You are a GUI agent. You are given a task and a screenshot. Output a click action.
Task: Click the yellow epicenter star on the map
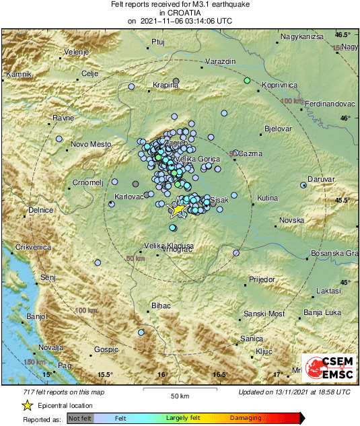pyautogui.click(x=177, y=209)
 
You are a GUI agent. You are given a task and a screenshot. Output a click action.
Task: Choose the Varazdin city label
pyautogui.click(x=220, y=61)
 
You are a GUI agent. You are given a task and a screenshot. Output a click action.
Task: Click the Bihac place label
pyautogui.click(x=161, y=306)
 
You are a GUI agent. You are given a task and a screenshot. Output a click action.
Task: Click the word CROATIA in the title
pyautogui.click(x=180, y=12)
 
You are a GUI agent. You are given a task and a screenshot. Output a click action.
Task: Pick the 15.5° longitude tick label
pyautogui.click(x=104, y=375)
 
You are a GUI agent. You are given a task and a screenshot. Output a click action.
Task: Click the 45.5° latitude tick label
pyautogui.click(x=343, y=201)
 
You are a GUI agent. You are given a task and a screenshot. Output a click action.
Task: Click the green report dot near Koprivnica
pyautogui.click(x=248, y=81)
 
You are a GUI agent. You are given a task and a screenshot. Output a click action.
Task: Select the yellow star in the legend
pyautogui.click(x=27, y=406)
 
